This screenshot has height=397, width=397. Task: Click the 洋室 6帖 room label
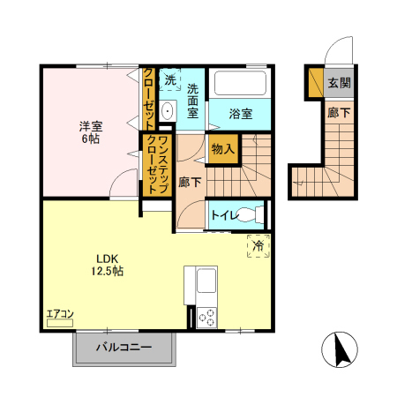(x=86, y=131)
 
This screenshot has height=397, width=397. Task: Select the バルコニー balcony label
(x=124, y=348)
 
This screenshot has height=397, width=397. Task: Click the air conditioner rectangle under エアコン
(x=60, y=324)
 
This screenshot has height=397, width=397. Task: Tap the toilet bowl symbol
(x=250, y=214)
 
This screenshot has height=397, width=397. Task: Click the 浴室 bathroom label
(x=240, y=113)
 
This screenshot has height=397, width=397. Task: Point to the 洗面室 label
(x=197, y=101)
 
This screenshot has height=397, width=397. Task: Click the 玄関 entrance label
(x=340, y=83)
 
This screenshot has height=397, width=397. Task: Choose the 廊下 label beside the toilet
(x=189, y=183)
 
